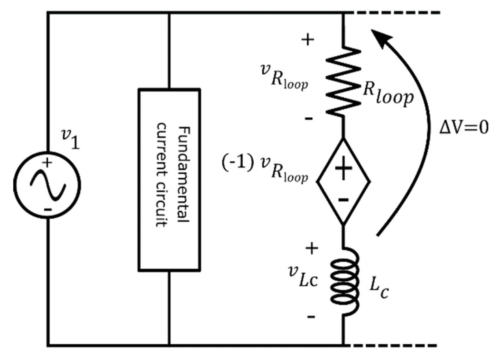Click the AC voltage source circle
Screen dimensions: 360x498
click(x=47, y=185)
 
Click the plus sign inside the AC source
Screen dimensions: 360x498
click(x=47, y=163)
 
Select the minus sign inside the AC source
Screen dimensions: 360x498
click(x=47, y=209)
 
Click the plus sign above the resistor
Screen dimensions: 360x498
click(x=308, y=39)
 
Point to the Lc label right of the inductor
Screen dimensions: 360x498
click(x=379, y=288)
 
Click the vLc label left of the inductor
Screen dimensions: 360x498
click(x=303, y=277)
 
